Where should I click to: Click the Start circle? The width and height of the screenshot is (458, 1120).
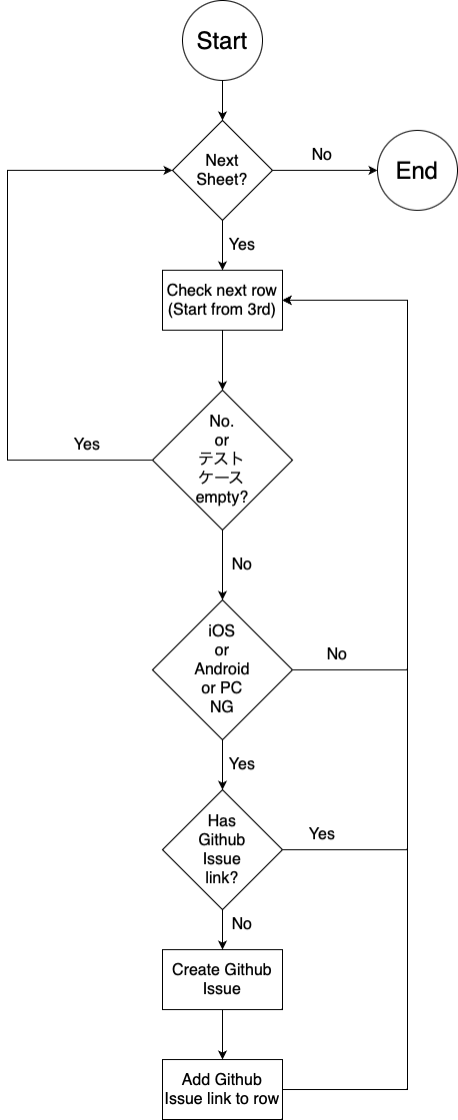tap(221, 41)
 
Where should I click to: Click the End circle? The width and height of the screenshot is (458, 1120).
tap(416, 171)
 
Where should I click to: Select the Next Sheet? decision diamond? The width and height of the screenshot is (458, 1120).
tap(221, 171)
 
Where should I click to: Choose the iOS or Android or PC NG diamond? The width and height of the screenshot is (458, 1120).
tap(221, 669)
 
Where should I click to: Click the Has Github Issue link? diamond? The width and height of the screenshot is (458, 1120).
tap(221, 849)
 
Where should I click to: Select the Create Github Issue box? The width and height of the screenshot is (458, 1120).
tap(221, 979)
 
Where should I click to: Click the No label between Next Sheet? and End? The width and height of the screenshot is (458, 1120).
tap(322, 155)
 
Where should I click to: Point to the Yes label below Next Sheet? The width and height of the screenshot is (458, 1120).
tap(242, 244)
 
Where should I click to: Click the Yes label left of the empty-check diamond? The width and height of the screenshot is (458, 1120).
tap(87, 444)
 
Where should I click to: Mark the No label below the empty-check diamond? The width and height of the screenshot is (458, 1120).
tap(242, 563)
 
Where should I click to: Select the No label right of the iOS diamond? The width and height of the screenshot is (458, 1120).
tap(337, 653)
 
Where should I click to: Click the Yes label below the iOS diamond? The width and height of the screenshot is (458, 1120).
tap(242, 763)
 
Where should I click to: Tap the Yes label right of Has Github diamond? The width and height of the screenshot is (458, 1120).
tap(322, 833)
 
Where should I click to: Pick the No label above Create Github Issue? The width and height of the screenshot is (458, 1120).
tap(242, 923)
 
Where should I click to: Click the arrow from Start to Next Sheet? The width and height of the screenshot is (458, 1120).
tap(221, 101)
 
